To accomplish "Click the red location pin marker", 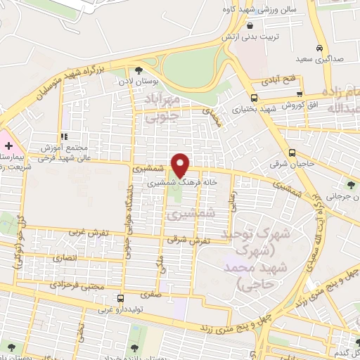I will tap(181, 165).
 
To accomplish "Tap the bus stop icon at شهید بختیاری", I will tap(254, 98).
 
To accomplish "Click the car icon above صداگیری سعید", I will tap(319, 49).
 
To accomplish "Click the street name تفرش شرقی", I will tap(189, 240).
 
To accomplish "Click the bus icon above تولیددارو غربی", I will tap(120, 297).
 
